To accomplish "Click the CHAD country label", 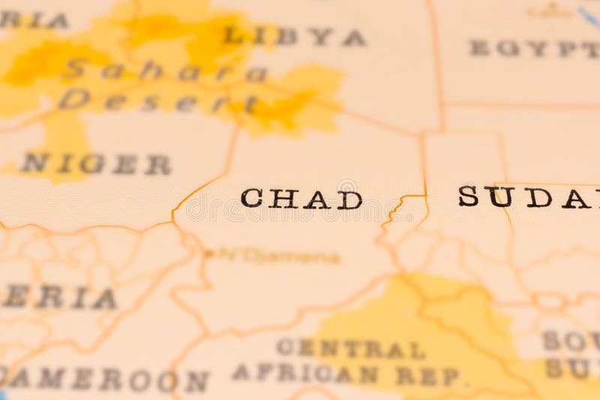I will [x=301, y=199].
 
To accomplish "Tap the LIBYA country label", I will [x=294, y=36].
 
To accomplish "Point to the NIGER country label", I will [x=96, y=164].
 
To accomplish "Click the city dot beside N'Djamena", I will [x=208, y=254].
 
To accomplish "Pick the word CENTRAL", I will [x=350, y=348].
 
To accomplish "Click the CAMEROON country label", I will [x=105, y=380].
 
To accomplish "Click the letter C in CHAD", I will [x=251, y=199].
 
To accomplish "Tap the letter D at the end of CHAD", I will [x=349, y=200].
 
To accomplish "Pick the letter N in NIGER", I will [x=34, y=163].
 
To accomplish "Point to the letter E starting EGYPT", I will [x=478, y=48].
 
